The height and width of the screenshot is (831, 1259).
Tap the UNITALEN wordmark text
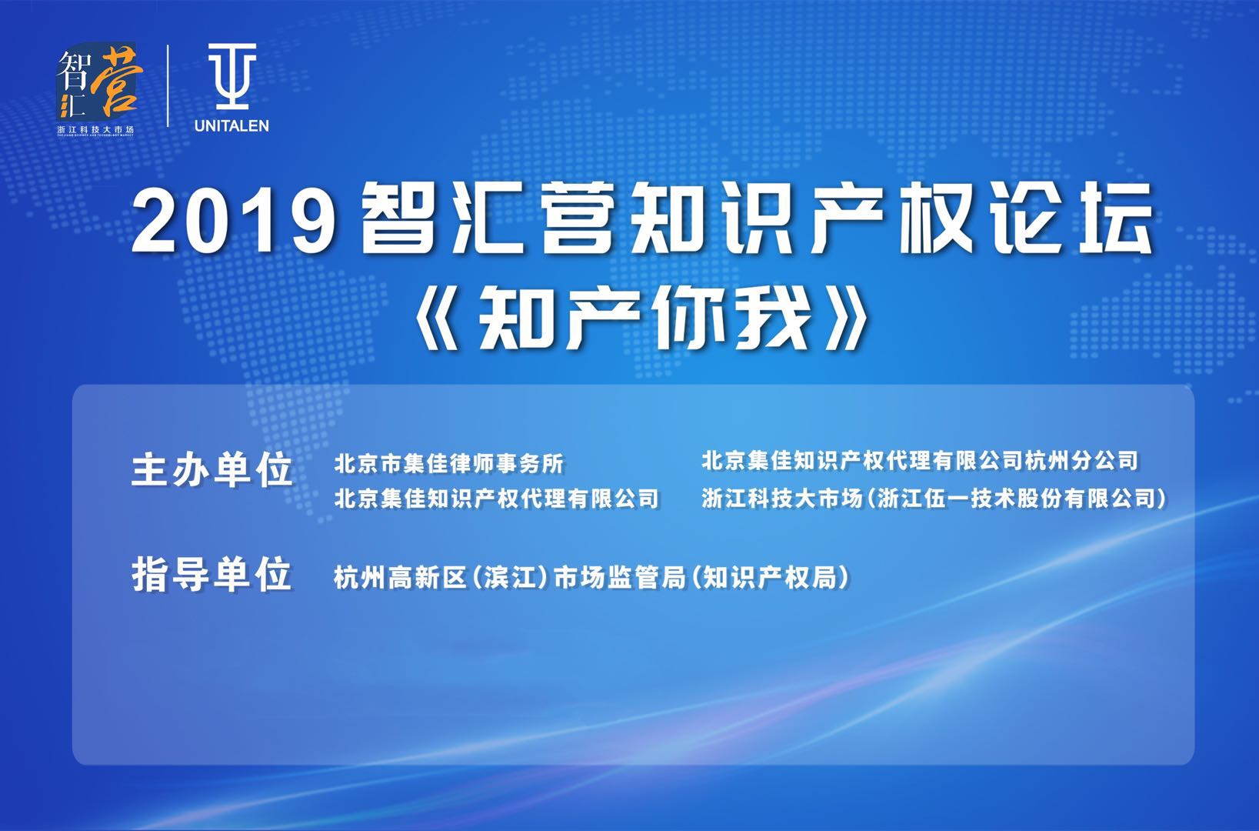click(231, 125)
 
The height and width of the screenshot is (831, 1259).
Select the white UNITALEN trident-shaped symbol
click(231, 76)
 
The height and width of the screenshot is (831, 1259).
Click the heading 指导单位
click(212, 575)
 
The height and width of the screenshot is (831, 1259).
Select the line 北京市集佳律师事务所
click(448, 464)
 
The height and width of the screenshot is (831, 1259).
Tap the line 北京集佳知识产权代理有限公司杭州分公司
click(920, 460)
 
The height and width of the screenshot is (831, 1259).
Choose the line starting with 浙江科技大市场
click(934, 499)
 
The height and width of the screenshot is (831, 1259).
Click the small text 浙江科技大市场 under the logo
click(96, 129)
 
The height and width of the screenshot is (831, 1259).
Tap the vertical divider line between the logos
click(168, 86)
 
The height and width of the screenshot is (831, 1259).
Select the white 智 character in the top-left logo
click(73, 68)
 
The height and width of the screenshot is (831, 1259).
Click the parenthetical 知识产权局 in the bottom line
click(768, 577)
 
